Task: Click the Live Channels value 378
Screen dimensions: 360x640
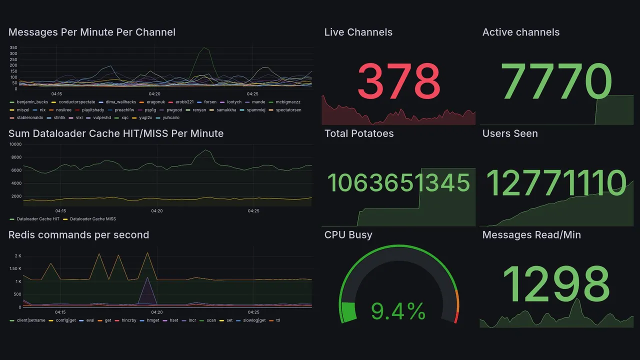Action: click(398, 81)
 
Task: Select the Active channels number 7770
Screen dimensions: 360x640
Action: click(557, 81)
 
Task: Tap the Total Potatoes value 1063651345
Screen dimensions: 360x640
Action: click(398, 183)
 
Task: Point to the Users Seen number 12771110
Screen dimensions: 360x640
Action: click(556, 183)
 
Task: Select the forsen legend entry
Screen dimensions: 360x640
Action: click(210, 102)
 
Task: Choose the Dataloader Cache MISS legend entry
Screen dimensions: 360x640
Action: click(92, 219)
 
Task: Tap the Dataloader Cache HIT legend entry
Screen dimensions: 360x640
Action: click(37, 219)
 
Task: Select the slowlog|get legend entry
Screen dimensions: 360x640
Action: click(254, 320)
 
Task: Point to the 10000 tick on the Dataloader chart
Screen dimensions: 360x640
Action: click(15, 144)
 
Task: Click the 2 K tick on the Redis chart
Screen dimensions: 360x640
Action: click(18, 256)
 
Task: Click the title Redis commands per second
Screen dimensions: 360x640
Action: click(78, 235)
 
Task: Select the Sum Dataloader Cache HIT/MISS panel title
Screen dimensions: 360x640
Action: click(116, 133)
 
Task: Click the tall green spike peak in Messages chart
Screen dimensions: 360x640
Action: click(204, 48)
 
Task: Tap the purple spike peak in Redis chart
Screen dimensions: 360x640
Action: click(147, 278)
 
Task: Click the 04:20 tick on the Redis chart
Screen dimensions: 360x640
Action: click(157, 312)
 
